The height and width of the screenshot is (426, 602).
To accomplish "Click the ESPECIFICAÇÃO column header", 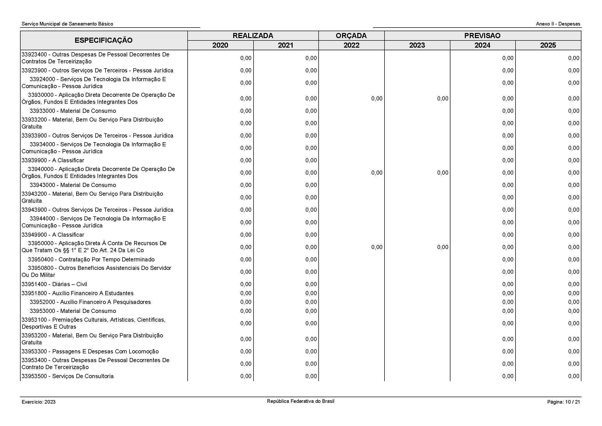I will pyautogui.click(x=103, y=40).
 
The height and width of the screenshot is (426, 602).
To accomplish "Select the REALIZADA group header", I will pyautogui.click(x=253, y=36).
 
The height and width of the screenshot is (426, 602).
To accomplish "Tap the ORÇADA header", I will pyautogui.click(x=351, y=36).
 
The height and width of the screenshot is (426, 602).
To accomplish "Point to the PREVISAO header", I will pyautogui.click(x=482, y=36).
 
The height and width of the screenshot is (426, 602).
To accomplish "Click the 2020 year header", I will pyautogui.click(x=220, y=45).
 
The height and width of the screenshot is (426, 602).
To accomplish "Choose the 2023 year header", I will pyautogui.click(x=417, y=45).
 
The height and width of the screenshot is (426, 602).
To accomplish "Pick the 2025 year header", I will pyautogui.click(x=548, y=45).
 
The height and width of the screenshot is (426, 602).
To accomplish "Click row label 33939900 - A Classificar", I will pyautogui.click(x=53, y=160).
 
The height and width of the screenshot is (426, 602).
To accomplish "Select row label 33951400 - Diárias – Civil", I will pyautogui.click(x=54, y=284).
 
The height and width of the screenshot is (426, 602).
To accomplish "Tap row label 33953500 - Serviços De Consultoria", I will pyautogui.click(x=68, y=376).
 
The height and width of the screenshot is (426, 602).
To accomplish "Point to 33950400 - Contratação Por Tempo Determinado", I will pyautogui.click(x=91, y=259).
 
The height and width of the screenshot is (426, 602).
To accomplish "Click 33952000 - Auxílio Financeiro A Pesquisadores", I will pyautogui.click(x=90, y=302).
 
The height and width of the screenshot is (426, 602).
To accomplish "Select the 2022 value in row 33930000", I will pyautogui.click(x=377, y=99).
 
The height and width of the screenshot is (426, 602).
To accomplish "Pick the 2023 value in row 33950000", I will pyautogui.click(x=443, y=247).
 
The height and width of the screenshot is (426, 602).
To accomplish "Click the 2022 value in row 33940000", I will pyautogui.click(x=377, y=173).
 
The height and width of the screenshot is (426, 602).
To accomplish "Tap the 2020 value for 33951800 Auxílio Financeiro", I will pyautogui.click(x=246, y=293).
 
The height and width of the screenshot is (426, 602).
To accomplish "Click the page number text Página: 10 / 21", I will pyautogui.click(x=563, y=402).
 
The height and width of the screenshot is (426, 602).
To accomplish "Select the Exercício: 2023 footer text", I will pyautogui.click(x=39, y=402).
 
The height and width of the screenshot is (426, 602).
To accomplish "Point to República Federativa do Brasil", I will pyautogui.click(x=300, y=401).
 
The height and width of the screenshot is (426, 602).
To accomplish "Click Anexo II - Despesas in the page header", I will pyautogui.click(x=558, y=24).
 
